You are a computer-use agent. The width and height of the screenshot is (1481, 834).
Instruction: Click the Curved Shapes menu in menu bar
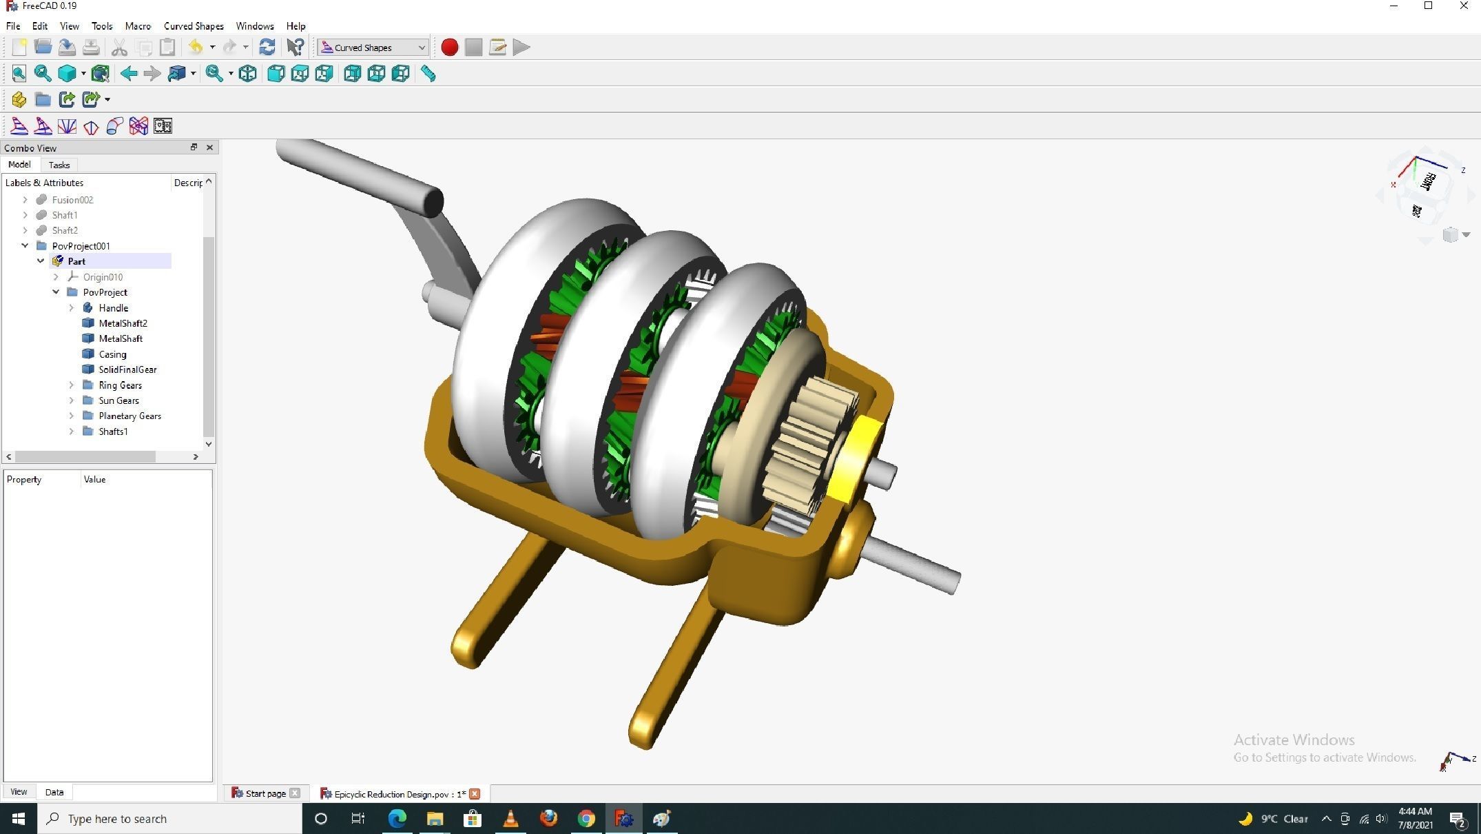point(194,26)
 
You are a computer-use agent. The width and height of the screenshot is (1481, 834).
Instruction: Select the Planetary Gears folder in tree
point(130,416)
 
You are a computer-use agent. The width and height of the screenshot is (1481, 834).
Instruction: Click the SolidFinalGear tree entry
point(127,370)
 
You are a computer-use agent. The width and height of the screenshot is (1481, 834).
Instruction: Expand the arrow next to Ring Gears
point(72,385)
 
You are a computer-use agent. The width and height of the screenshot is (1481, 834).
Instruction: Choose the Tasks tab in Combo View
point(59,165)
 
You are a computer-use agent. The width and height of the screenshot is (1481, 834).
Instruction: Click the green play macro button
point(521,48)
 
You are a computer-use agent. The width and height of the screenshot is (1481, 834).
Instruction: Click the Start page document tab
point(265,794)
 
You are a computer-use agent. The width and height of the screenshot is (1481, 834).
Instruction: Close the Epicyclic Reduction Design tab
point(475,794)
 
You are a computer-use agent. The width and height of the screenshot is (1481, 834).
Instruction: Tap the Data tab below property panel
point(54,793)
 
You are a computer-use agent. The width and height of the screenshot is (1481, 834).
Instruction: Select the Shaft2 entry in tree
point(65,231)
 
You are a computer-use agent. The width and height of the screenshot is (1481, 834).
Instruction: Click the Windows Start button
point(19,819)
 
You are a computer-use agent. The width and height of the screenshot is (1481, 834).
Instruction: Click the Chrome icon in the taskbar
point(586,819)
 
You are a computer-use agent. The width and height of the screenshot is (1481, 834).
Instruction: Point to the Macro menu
point(138,26)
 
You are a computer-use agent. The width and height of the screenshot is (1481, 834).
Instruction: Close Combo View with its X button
point(209,148)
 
